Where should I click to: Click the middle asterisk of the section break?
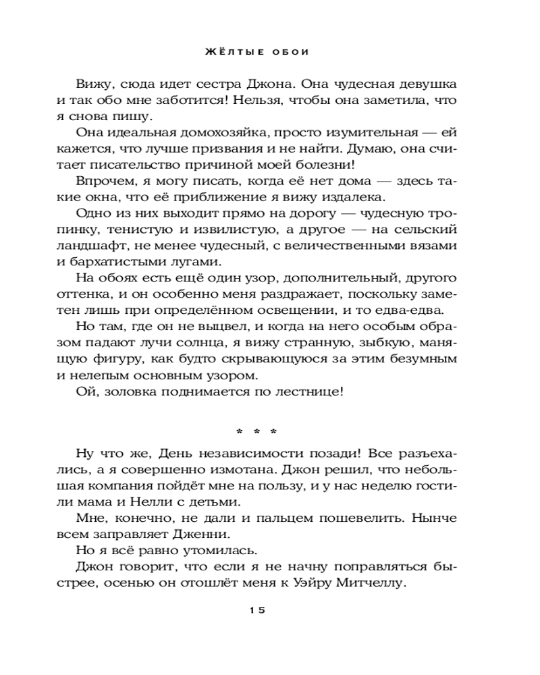(257, 431)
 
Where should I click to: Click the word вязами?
(432, 246)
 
